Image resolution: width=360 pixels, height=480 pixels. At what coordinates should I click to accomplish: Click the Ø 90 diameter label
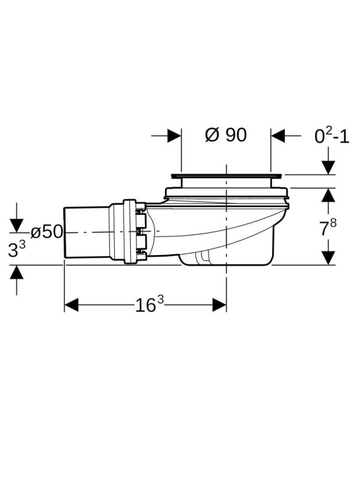(x=226, y=135)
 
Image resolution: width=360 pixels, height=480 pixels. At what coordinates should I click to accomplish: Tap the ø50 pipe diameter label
(x=47, y=232)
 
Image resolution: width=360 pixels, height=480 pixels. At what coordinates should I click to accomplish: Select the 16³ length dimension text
(x=149, y=304)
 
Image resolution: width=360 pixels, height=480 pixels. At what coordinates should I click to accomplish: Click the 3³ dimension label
(x=17, y=249)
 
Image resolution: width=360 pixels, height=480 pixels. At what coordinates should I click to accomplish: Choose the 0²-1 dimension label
(x=332, y=136)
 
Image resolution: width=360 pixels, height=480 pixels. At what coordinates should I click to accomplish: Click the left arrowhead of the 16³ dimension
(x=71, y=305)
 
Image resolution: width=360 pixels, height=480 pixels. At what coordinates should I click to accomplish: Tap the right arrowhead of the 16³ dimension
(x=219, y=305)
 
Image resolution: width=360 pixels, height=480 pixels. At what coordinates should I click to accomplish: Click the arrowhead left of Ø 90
(x=174, y=136)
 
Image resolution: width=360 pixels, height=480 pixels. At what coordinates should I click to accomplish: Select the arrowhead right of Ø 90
(x=278, y=136)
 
